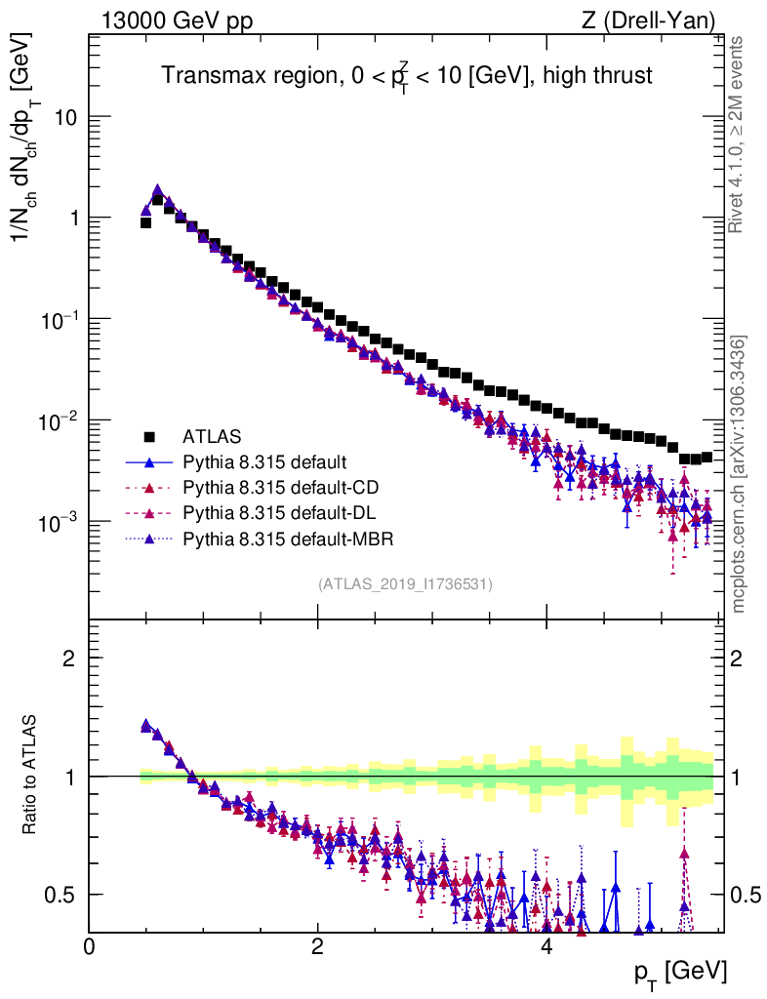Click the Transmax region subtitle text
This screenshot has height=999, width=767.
[x=406, y=76]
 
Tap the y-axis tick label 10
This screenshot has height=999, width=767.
[x=64, y=117]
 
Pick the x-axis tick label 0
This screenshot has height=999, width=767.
[x=90, y=947]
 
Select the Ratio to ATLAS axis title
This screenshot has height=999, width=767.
[x=31, y=776]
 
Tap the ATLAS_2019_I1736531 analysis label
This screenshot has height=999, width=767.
[x=405, y=584]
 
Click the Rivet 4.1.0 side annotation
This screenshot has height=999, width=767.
[x=739, y=135]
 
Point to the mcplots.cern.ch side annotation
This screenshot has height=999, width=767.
[x=739, y=474]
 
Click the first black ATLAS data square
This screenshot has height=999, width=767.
[x=145, y=222]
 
